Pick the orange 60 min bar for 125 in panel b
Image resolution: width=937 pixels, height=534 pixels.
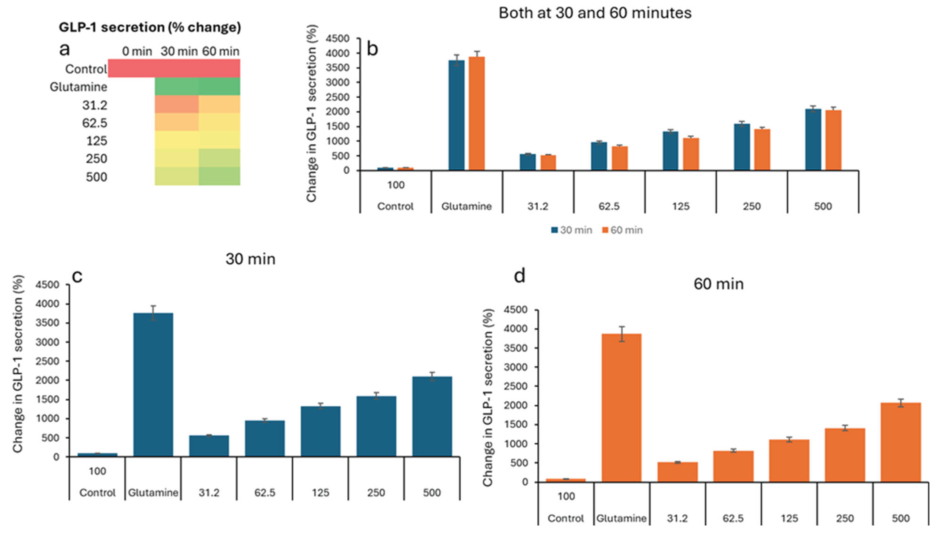(691, 154)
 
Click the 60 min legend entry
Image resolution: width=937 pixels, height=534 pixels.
(622, 230)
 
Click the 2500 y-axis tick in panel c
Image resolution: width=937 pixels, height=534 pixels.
(47, 361)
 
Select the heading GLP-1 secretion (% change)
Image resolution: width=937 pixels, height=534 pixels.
(150, 27)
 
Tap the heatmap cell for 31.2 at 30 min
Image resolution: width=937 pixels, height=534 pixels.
(177, 104)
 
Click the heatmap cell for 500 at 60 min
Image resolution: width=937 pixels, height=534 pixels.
(219, 176)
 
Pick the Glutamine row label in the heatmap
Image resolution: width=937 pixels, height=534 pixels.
(79, 87)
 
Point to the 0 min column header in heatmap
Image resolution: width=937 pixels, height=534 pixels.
(137, 51)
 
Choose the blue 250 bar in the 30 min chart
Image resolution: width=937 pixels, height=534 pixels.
(376, 426)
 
